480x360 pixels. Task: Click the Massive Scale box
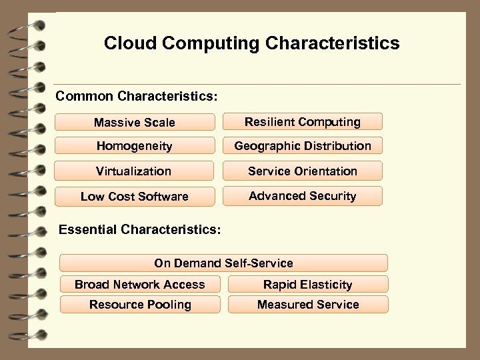click(x=135, y=122)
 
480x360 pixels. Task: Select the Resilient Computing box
click(x=302, y=121)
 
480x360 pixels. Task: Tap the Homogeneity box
click(x=135, y=146)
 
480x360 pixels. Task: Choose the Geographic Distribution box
click(x=302, y=145)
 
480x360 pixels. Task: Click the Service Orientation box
click(x=302, y=171)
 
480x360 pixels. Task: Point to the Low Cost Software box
click(x=135, y=196)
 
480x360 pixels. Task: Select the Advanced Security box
click(x=302, y=195)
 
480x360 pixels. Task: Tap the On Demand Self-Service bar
click(x=223, y=263)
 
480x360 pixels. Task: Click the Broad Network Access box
click(x=140, y=285)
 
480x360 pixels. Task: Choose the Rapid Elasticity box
click(x=307, y=285)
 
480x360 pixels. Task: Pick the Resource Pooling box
click(x=140, y=305)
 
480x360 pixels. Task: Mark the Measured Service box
click(x=307, y=305)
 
